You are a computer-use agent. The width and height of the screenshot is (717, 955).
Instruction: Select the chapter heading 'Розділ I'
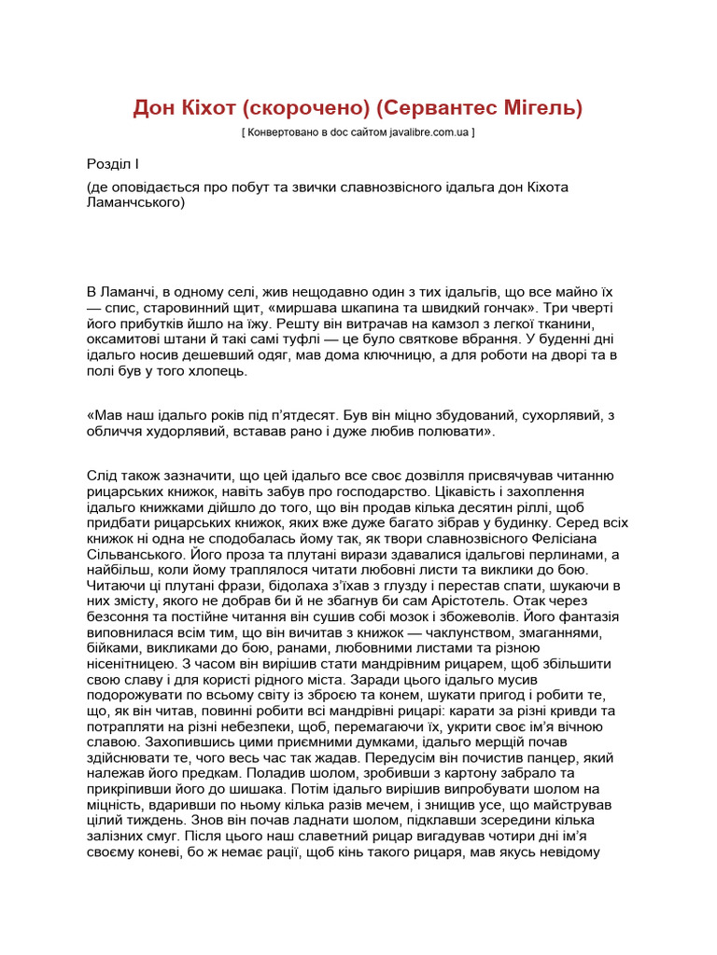(x=112, y=164)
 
